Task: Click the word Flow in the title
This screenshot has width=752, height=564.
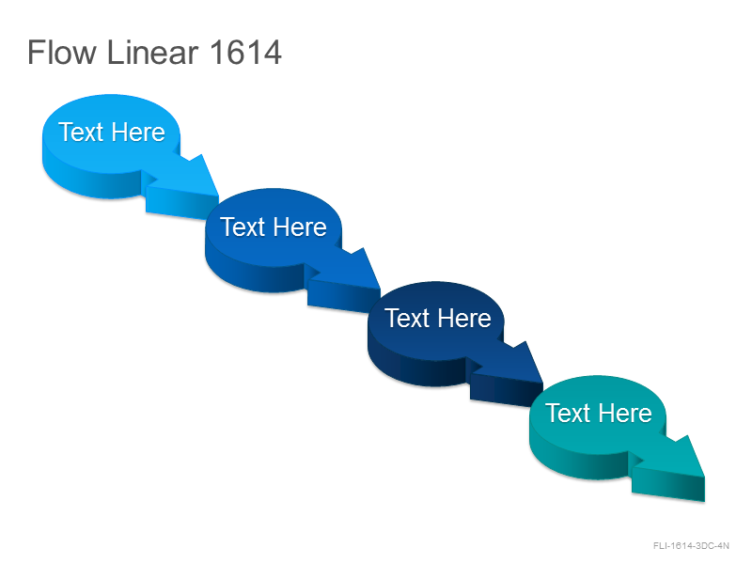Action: [x=62, y=53]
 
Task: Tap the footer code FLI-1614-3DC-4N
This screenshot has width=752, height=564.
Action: [x=691, y=546]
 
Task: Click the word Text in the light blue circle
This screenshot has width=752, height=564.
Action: [x=81, y=132]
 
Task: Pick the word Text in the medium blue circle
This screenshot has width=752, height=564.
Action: [x=243, y=227]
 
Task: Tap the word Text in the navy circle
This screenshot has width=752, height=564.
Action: [x=407, y=318]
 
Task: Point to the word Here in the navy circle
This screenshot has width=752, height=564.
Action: [x=464, y=318]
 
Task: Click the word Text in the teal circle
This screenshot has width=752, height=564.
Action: [x=568, y=413]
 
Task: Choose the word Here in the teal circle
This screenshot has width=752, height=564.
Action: [x=625, y=413]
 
